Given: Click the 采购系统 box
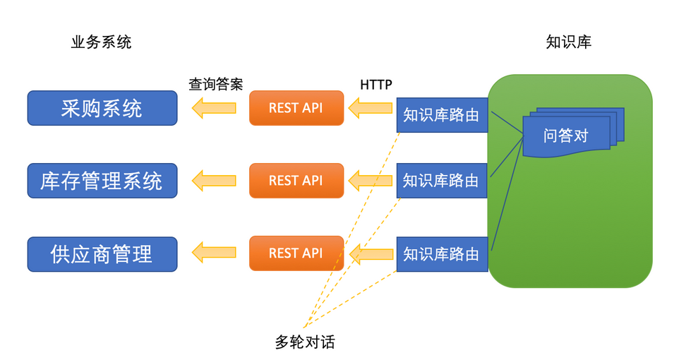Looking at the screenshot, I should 102,108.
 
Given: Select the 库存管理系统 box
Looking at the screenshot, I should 102,181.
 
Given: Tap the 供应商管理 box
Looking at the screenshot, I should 102,254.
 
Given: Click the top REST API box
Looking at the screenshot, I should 296,108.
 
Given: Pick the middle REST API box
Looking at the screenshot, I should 296,181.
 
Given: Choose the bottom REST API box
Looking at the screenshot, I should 296,253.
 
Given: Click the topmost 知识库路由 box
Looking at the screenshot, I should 442,115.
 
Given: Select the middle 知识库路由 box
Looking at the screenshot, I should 442,181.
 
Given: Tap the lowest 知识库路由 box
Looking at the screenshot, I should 442,254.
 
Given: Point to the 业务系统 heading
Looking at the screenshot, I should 101,42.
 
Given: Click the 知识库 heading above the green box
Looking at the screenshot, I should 569,42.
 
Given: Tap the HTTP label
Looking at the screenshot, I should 375,84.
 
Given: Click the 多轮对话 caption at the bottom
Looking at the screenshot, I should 304,343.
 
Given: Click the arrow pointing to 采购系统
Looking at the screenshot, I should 214,108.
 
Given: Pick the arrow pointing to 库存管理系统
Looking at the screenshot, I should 214,181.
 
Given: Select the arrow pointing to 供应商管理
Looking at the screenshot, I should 214,253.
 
